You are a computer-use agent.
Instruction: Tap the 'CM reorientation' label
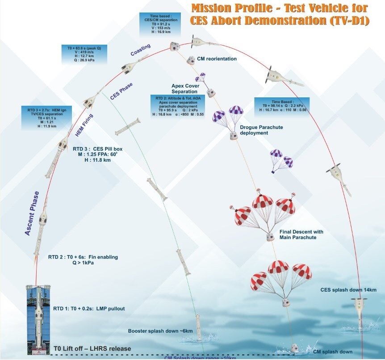(x=217, y=59)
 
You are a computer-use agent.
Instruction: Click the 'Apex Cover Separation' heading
(x=188, y=88)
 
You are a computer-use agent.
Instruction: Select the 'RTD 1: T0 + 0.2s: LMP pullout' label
(x=89, y=309)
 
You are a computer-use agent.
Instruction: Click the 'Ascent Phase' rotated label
(x=32, y=213)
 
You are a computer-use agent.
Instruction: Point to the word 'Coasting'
(x=140, y=50)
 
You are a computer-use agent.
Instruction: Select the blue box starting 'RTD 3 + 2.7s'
(x=44, y=117)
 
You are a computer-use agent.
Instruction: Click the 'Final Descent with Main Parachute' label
(x=301, y=234)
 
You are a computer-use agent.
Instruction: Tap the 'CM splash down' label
(x=332, y=352)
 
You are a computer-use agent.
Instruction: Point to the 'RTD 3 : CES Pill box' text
(x=97, y=155)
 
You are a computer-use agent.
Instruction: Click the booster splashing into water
(x=198, y=328)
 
